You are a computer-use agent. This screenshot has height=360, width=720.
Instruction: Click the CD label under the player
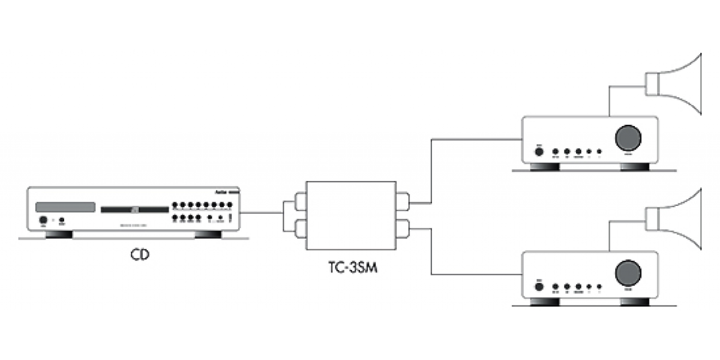140,255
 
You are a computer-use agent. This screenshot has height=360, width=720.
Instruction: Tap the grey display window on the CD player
65,206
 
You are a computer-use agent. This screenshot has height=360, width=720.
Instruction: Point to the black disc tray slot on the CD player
134,210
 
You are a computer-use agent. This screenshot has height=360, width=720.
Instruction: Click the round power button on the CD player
43,220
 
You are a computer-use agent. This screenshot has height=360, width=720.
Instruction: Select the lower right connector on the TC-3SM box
403,229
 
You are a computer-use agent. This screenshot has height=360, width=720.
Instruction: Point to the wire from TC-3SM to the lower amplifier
431,252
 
